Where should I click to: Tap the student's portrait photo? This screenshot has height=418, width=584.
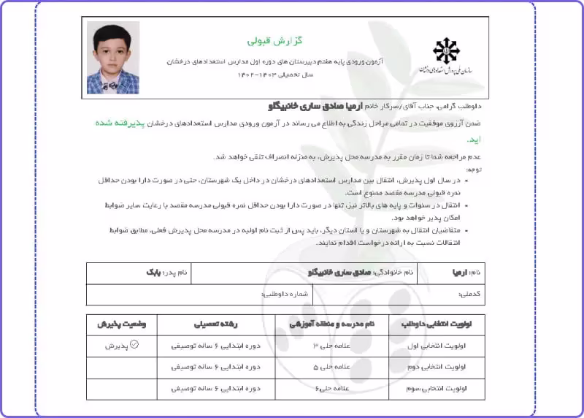pyautogui.click(x=113, y=58)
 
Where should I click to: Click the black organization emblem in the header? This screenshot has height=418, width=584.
pyautogui.click(x=447, y=50)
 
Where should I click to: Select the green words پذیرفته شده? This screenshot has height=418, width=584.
pyautogui.click(x=470, y=123)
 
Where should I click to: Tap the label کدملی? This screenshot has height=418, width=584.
pyautogui.click(x=469, y=294)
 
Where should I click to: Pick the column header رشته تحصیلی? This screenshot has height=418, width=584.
pyautogui.click(x=215, y=322)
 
